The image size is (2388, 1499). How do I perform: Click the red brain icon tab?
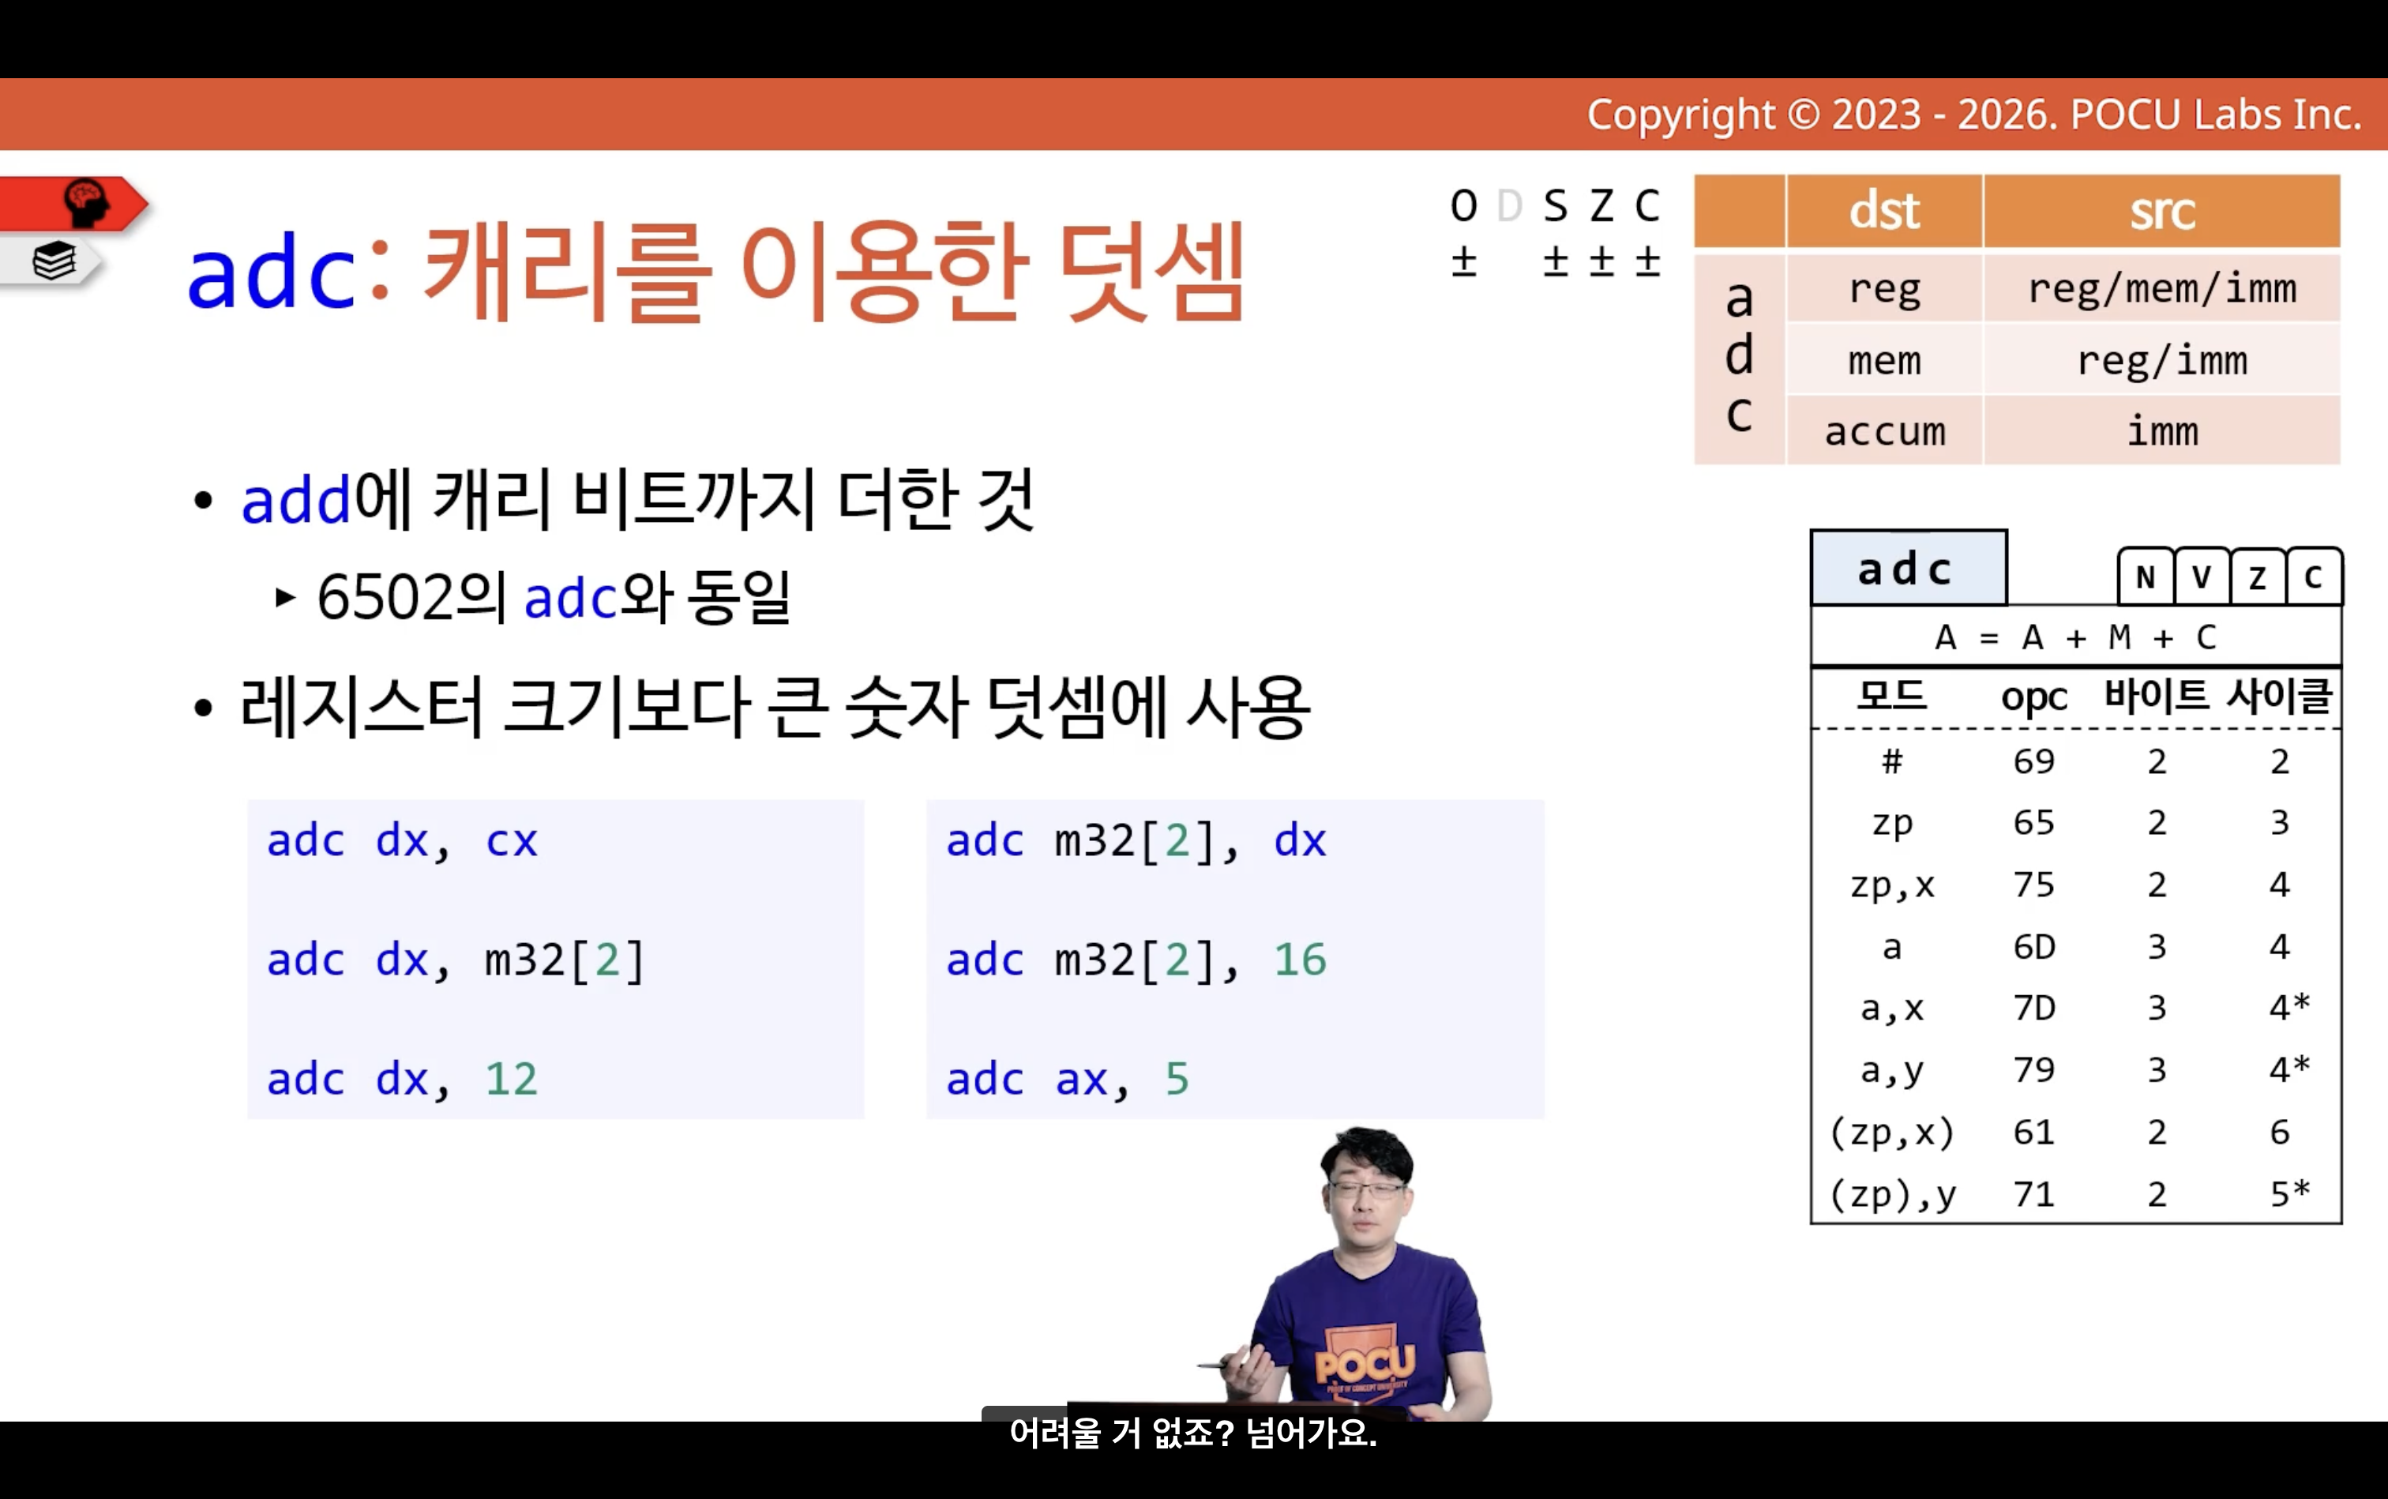(x=74, y=203)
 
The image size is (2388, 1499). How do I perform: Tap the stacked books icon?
(x=54, y=261)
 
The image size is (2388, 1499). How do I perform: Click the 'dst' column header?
(x=1883, y=211)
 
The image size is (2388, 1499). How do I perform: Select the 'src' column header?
(x=2162, y=211)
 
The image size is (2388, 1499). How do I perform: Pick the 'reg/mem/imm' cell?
(x=2162, y=288)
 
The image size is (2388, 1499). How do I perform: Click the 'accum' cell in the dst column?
(x=1884, y=431)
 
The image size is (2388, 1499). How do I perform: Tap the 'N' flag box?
(x=2145, y=576)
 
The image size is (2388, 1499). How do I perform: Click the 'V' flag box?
(x=2202, y=576)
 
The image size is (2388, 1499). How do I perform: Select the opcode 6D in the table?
(x=2034, y=947)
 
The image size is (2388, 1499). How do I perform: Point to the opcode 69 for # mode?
(x=2034, y=761)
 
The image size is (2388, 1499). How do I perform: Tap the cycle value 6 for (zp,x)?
(x=2280, y=1133)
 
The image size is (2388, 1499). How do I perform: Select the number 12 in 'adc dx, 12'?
(x=512, y=1079)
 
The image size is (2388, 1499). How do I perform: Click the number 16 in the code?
(x=1300, y=960)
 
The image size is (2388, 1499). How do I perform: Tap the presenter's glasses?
(x=1369, y=1187)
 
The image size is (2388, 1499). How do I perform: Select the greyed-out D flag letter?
(x=1510, y=206)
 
